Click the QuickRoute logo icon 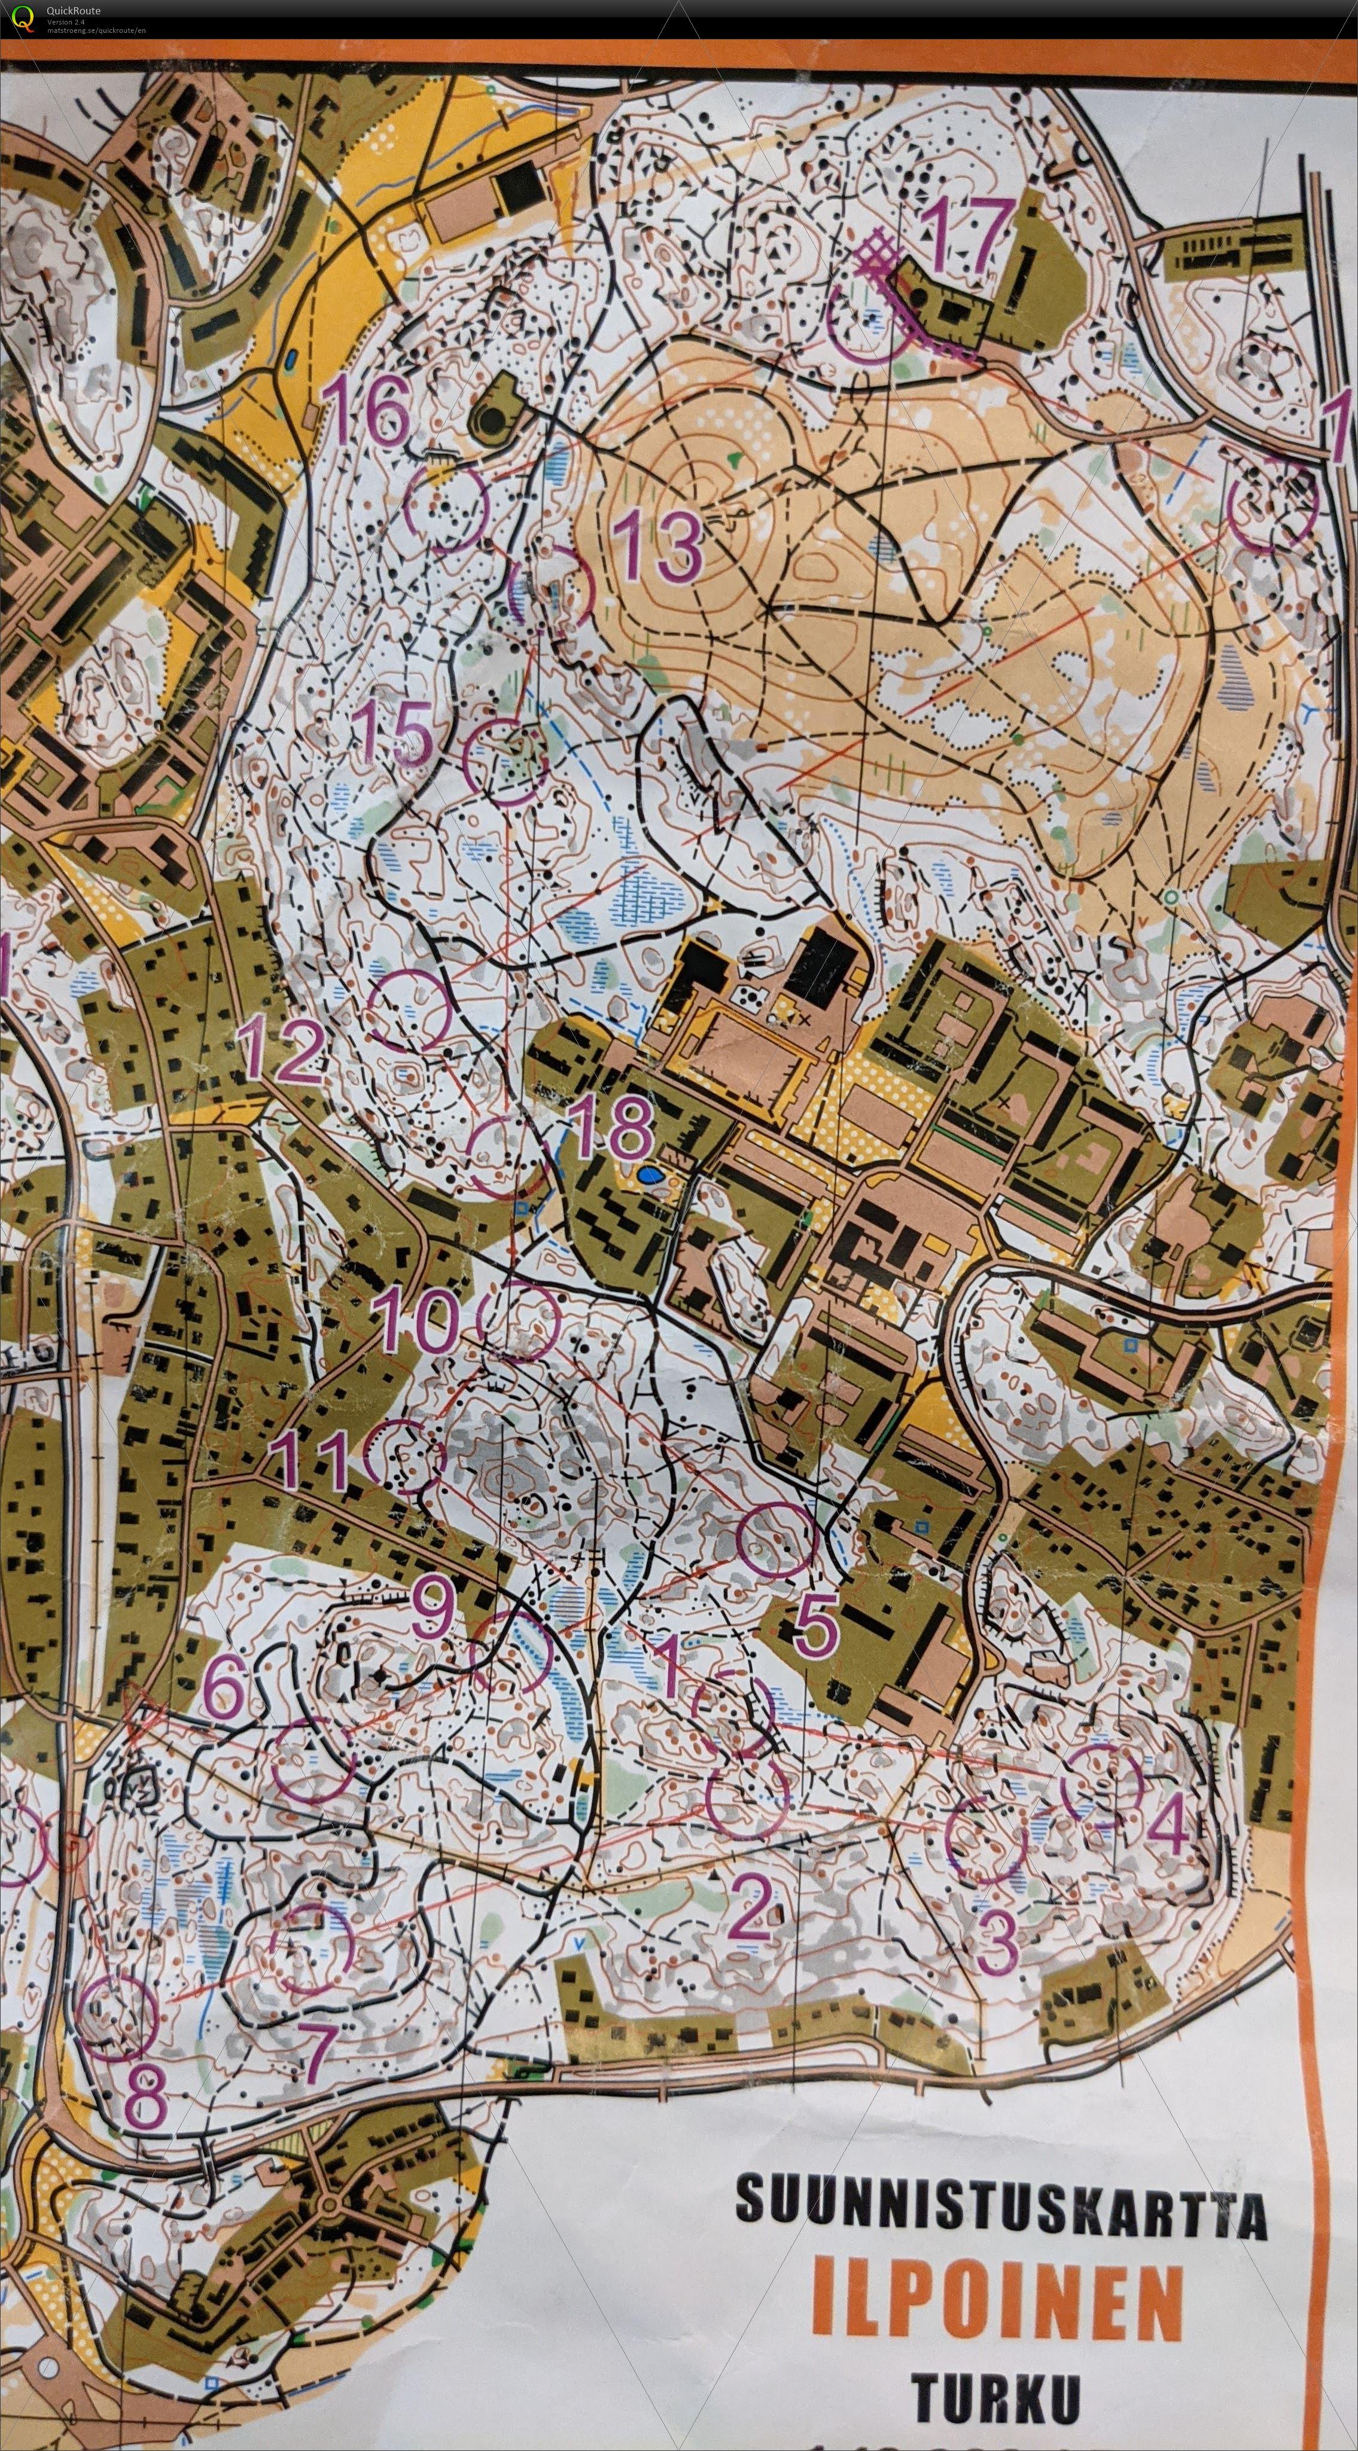tap(23, 17)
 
